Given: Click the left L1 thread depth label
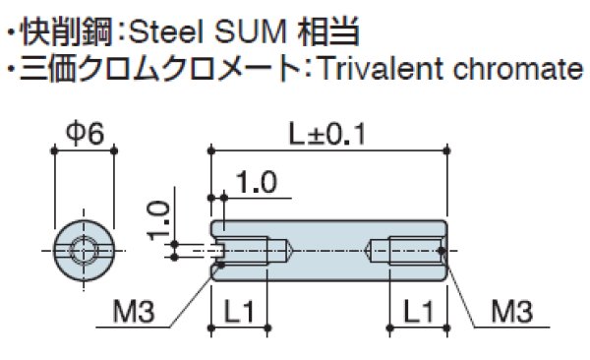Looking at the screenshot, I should tap(239, 314).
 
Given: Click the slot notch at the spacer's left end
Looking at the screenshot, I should tap(218, 251).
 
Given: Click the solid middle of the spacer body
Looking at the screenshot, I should tap(329, 251).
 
